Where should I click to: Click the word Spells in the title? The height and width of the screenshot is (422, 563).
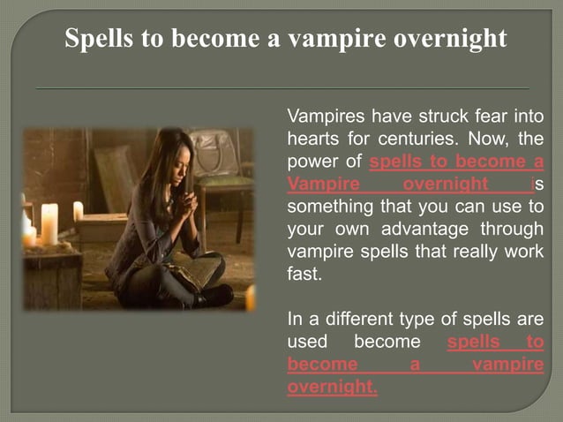101,40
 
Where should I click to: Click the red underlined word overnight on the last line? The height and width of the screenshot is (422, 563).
332,387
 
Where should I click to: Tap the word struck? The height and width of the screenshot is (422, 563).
439,117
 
